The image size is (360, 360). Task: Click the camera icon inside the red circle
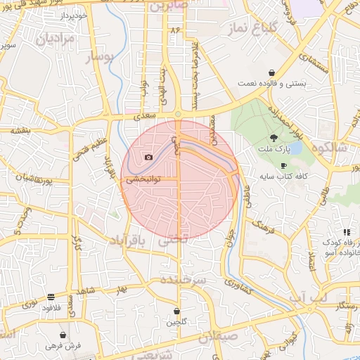[x=148, y=157]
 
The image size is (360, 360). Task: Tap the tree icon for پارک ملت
[x=273, y=139]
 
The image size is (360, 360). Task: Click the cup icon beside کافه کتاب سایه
[x=283, y=165]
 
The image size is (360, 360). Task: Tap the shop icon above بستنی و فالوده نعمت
[x=271, y=72]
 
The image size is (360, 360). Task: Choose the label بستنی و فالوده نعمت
[x=271, y=83]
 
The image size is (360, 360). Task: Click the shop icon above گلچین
[x=176, y=311]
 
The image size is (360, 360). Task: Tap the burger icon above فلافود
[x=51, y=297]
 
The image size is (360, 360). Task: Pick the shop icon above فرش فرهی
[x=64, y=335]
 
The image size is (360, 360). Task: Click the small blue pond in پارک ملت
[x=295, y=148]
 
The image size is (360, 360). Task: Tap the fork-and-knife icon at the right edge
[x=346, y=232]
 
